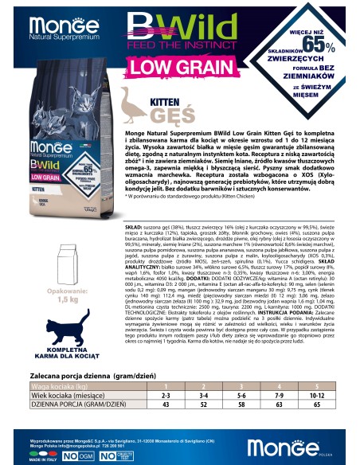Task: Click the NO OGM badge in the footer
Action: [x=69, y=456]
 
